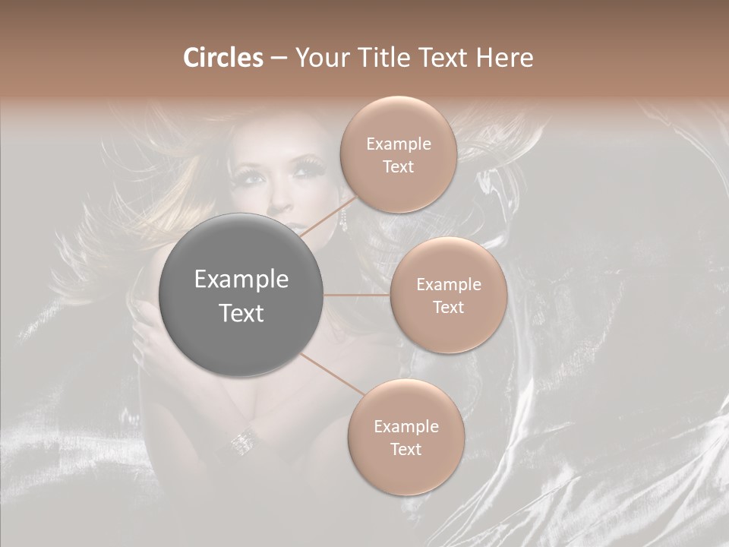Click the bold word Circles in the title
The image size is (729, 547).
222,58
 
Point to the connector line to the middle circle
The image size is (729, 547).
357,295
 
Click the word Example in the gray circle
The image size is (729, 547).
241,280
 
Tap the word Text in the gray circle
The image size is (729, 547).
241,313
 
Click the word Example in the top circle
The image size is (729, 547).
399,144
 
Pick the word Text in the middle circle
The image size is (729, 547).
448,307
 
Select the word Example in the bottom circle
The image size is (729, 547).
406,427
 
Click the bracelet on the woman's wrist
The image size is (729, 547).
243,440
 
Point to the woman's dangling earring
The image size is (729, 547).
342,221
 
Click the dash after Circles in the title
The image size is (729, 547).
278,58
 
